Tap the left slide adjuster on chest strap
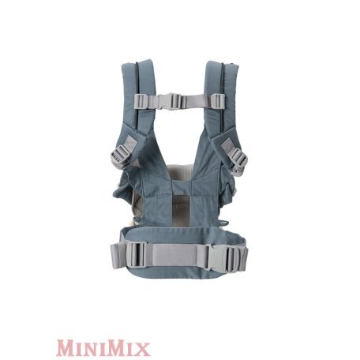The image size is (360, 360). pos(141,101)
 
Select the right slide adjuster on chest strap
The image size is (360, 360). pos(218,101)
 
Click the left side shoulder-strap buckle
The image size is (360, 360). pos(120,156)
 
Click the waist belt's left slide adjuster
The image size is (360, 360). pos(136,254)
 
